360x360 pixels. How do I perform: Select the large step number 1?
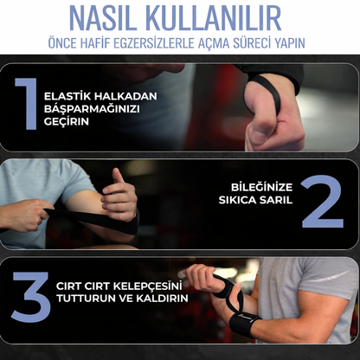point(27,104)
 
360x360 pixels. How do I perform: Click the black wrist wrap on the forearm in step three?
point(243,324)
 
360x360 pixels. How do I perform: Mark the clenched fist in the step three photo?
point(202,278)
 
